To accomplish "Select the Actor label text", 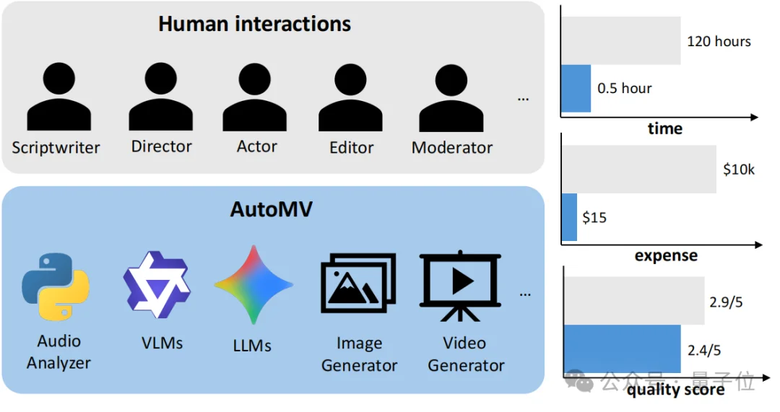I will pyautogui.click(x=256, y=146).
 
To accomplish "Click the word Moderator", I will pyautogui.click(x=452, y=148).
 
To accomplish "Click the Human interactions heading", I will pyautogui.click(x=254, y=24).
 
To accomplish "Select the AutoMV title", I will pyautogui.click(x=272, y=209).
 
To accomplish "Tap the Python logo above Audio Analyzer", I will pyautogui.click(x=56, y=286).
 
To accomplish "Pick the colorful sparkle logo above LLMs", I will pyautogui.click(x=253, y=284).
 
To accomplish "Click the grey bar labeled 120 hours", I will pyautogui.click(x=621, y=41).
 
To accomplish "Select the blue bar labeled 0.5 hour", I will pyautogui.click(x=576, y=89).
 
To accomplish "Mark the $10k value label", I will pyautogui.click(x=738, y=170).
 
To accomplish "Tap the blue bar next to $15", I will pyautogui.click(x=570, y=216).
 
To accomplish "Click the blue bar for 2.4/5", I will pyautogui.click(x=622, y=350).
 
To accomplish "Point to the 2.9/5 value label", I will pyautogui.click(x=724, y=303).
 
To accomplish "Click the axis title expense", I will pyautogui.click(x=666, y=256).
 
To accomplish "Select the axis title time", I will pyautogui.click(x=665, y=129).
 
